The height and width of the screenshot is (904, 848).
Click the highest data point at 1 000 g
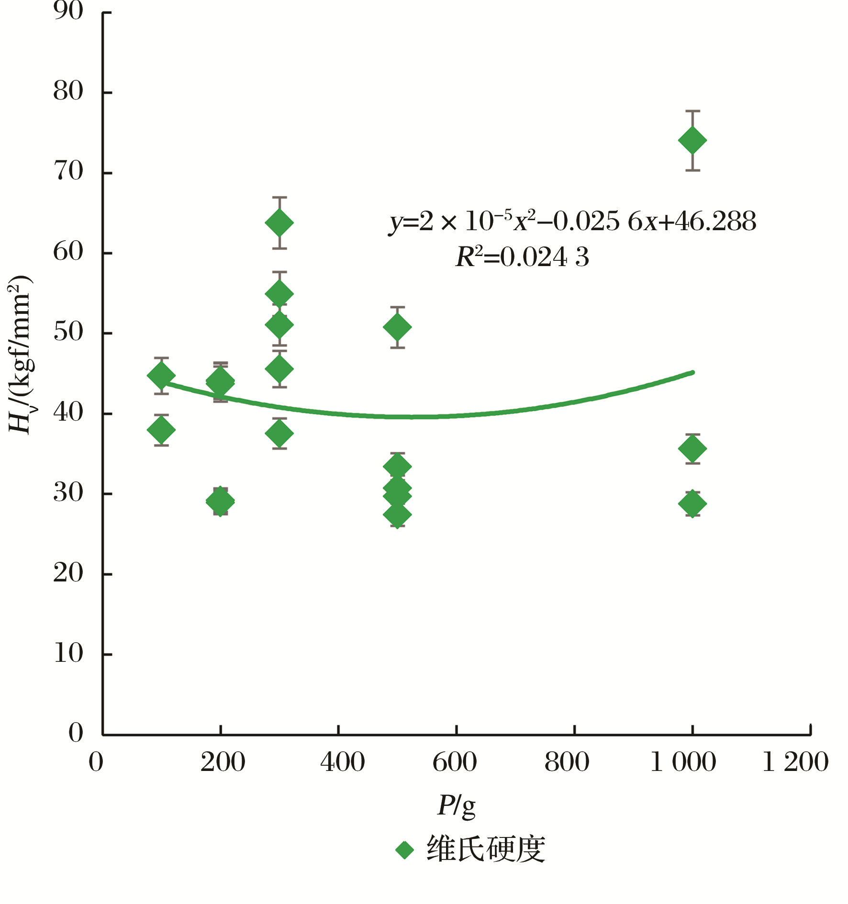tap(692, 141)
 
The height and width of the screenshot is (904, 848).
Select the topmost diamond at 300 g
tap(279, 223)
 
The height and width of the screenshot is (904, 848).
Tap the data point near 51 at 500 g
tap(397, 327)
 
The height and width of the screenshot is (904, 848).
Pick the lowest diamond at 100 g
tap(161, 430)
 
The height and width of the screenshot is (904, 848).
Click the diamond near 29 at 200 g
tap(220, 502)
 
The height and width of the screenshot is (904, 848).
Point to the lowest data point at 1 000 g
tap(692, 503)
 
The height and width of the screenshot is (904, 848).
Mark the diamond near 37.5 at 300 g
tap(279, 434)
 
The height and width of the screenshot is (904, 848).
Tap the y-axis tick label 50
tap(68, 332)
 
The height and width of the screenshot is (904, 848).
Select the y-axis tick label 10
tap(68, 653)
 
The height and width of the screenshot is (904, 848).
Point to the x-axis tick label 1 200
tap(795, 762)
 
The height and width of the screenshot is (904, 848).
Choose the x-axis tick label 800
tap(567, 762)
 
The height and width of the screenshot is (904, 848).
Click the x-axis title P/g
tap(456, 806)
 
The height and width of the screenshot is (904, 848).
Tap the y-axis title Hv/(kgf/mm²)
tap(20, 354)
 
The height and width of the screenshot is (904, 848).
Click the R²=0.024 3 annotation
tap(522, 257)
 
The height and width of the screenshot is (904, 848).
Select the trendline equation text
tap(572, 222)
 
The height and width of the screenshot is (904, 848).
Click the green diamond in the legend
tap(404, 850)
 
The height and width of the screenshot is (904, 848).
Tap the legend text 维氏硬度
tap(486, 850)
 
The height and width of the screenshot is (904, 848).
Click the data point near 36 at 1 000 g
tap(692, 449)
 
